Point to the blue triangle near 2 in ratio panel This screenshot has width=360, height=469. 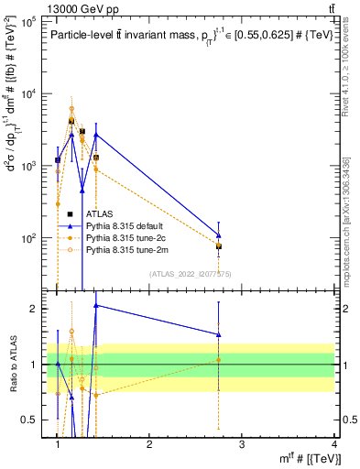(96, 305)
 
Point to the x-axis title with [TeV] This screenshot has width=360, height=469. (312, 458)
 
